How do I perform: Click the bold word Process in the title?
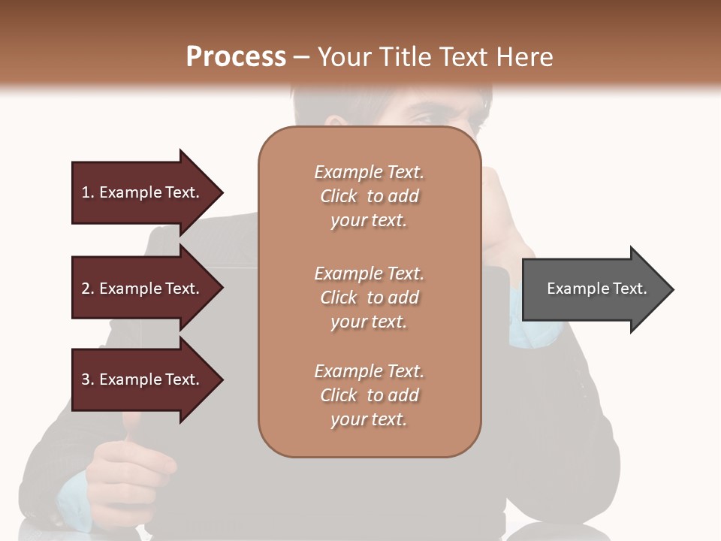pyautogui.click(x=236, y=57)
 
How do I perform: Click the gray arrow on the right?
pyautogui.click(x=593, y=289)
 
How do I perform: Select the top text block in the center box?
pyautogui.click(x=369, y=196)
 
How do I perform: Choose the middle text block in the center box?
pyautogui.click(x=369, y=298)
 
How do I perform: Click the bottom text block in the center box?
pyautogui.click(x=369, y=395)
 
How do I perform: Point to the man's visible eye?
pyautogui.click(x=421, y=118)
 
